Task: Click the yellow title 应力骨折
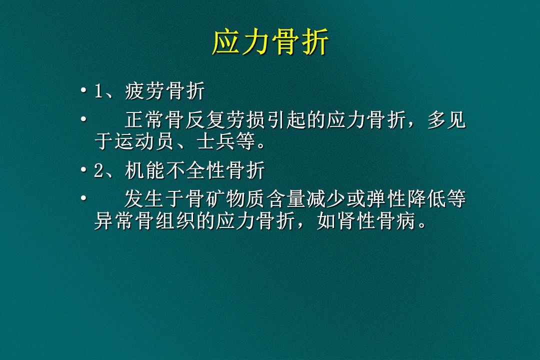coord(270,42)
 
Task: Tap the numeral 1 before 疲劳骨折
coord(99,91)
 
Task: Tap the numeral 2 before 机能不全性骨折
coord(99,170)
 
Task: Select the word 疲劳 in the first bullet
coord(144,91)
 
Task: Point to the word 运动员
coord(144,141)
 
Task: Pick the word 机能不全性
coord(175,170)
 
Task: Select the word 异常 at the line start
coord(114,221)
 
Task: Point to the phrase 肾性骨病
coord(376,221)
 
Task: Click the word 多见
coord(446,120)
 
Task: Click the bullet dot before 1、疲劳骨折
coord(83,91)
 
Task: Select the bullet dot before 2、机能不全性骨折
coord(83,170)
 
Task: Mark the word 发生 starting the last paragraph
coord(144,199)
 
